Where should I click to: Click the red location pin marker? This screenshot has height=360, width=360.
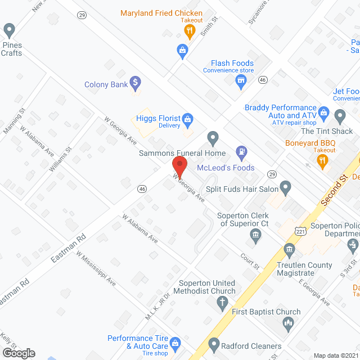point(179,167)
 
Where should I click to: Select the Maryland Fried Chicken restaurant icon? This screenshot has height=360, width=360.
point(190,31)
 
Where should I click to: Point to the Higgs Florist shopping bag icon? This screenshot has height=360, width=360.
point(188,119)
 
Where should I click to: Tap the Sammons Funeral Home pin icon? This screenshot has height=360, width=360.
point(213,137)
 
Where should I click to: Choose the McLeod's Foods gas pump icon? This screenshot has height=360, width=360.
point(241,151)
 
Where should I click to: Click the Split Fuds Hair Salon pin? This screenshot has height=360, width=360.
point(285,187)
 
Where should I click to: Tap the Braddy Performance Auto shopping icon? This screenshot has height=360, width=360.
point(323,112)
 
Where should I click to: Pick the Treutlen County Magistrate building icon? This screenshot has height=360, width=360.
point(289,249)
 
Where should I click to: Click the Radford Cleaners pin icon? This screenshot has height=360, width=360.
point(214,343)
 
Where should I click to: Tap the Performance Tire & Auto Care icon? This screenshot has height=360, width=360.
point(176,343)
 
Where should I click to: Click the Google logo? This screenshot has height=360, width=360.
point(18,353)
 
